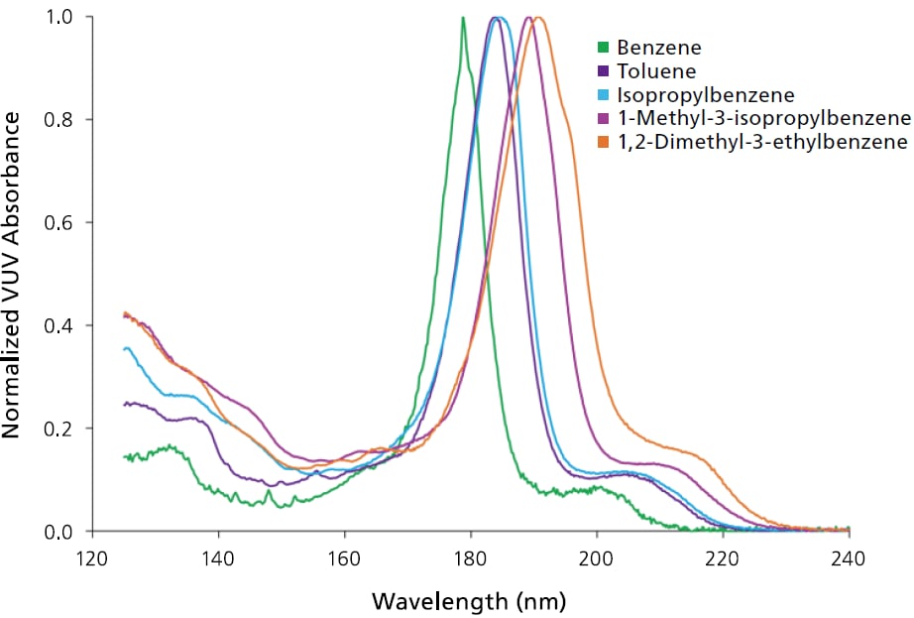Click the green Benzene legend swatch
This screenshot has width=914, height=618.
(601, 48)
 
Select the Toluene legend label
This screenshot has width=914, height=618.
(655, 71)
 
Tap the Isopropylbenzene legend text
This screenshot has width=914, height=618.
(705, 95)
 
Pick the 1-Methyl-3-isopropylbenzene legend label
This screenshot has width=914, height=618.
(762, 119)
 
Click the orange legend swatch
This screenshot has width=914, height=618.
(601, 143)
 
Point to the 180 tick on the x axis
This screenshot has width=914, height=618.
(471, 558)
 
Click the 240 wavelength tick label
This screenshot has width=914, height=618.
(850, 558)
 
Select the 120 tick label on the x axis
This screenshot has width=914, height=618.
(91, 558)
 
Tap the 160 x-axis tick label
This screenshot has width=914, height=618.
(344, 558)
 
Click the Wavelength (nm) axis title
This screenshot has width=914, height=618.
(470, 601)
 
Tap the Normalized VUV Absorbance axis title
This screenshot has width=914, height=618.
(13, 275)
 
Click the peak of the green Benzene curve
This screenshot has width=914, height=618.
(463, 18)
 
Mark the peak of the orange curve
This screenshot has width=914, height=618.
(538, 18)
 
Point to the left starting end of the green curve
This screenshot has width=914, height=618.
(124, 457)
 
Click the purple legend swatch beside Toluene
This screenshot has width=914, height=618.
(601, 71)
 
